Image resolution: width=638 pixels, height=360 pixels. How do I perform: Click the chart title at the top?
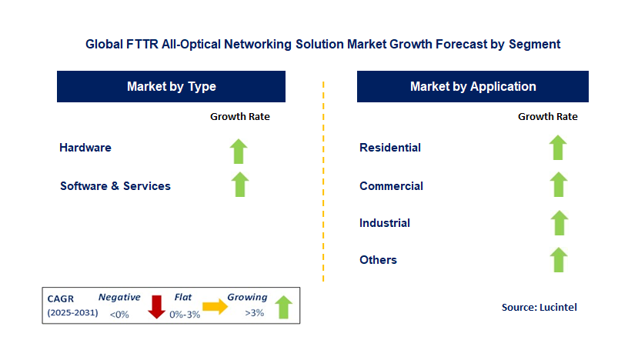pos(322,45)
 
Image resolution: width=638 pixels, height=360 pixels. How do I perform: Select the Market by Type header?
pos(171,87)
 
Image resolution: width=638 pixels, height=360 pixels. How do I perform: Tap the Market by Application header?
pos(473,87)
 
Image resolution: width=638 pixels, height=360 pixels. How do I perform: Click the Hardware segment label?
pos(85,148)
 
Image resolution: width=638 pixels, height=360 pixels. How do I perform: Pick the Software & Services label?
pos(115,186)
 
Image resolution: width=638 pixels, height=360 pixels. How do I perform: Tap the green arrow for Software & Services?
pos(240,185)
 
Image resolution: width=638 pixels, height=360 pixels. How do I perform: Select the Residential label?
pos(390,148)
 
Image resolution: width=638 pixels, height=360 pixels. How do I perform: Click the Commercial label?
pos(391,186)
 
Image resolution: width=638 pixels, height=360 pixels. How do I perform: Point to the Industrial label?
pos(385,223)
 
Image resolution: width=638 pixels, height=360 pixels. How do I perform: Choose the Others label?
pos(378,260)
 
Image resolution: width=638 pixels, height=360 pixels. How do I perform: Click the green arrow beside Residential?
pos(559,148)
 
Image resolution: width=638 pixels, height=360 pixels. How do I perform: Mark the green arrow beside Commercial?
pos(559,185)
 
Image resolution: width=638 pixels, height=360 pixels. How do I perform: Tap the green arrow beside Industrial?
pos(559,222)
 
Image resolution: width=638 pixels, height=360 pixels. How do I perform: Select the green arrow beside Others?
pos(559,259)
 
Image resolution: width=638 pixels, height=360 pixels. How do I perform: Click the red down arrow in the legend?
pos(157,306)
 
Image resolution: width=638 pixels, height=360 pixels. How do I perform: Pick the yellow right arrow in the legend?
pos(215,307)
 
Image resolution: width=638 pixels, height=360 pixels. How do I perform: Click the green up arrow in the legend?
pos(284,306)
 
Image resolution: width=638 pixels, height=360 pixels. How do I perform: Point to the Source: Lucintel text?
pos(539,307)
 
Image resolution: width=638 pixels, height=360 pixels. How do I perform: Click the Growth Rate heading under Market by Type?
pos(240,117)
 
